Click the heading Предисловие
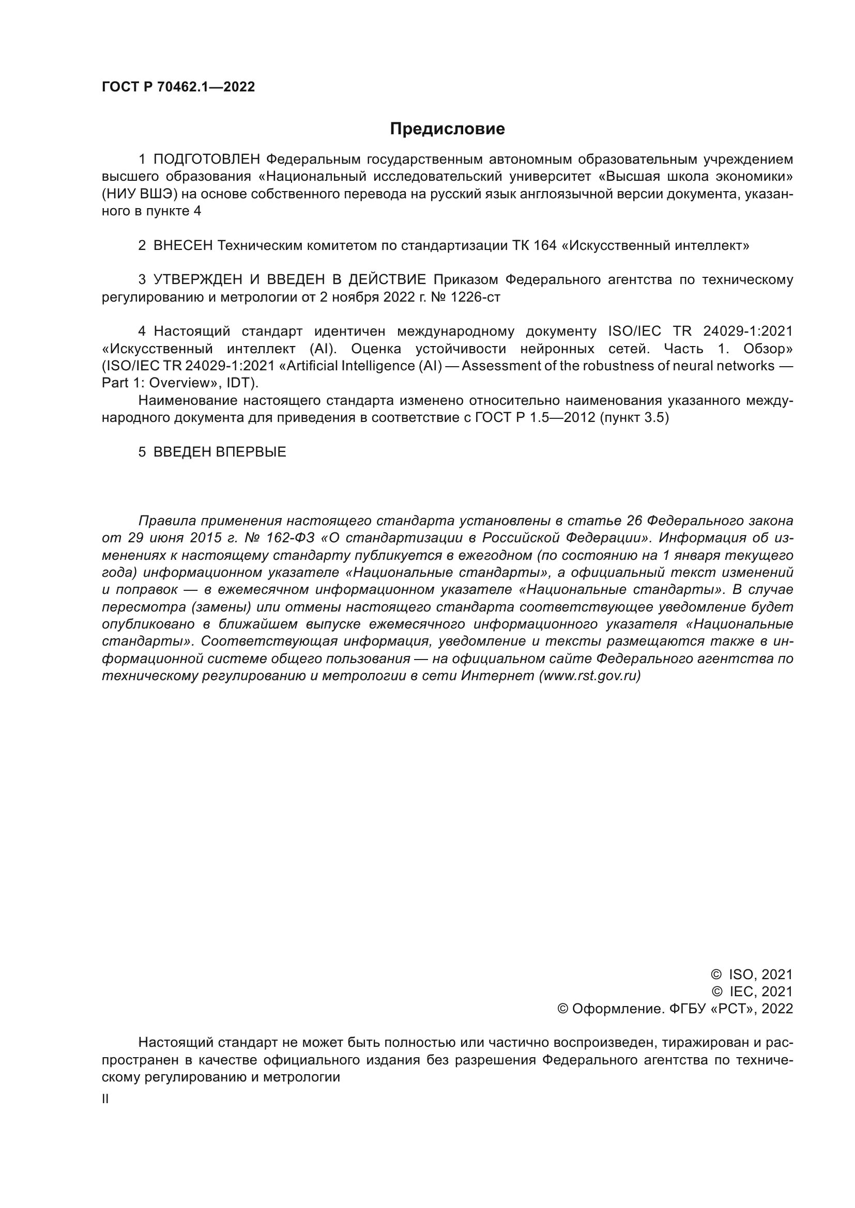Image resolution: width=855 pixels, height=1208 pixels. tap(447, 129)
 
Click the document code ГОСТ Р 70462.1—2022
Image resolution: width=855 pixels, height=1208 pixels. tap(178, 87)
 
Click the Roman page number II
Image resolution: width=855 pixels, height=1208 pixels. tap(105, 1099)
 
